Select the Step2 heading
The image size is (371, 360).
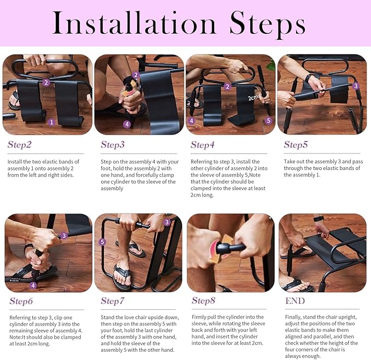(20, 145)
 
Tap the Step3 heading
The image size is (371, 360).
(113, 145)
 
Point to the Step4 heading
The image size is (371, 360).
(203, 145)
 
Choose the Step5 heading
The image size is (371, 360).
(296, 145)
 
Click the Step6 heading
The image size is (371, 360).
(21, 300)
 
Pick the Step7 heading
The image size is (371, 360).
(113, 300)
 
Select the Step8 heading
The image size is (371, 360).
(204, 300)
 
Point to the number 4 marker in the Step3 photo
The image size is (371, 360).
(127, 124)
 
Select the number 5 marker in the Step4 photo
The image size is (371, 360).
(268, 121)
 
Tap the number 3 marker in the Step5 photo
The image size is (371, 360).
(356, 86)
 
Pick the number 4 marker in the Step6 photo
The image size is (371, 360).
(33, 285)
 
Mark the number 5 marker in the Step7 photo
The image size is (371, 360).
(102, 242)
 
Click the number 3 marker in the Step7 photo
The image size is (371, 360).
(167, 222)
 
